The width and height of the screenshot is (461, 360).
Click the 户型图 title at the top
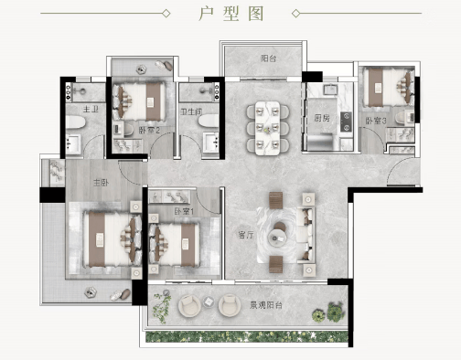coord(230,14)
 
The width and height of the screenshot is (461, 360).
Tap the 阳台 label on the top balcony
coord(269,58)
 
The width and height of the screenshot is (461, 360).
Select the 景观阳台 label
coord(266,305)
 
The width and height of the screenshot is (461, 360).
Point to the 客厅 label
coord(246,235)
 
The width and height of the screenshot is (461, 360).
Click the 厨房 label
coord(322,118)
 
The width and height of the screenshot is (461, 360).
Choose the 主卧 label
coord(101,183)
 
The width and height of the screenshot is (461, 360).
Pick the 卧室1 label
coord(184,211)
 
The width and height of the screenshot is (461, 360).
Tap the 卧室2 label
coord(149,131)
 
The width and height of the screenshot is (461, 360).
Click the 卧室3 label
coord(376,121)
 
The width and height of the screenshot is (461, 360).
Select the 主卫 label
coord(91,109)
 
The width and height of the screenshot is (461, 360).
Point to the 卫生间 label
coord(191,111)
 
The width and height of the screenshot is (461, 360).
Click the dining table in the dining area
coord(267,128)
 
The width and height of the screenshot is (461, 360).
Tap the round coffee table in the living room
coord(277,238)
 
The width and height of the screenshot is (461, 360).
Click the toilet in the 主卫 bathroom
coord(75,122)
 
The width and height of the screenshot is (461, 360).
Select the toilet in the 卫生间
coord(209,121)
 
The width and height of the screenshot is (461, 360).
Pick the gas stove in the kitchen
coord(346,122)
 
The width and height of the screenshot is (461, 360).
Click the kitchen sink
coord(330,89)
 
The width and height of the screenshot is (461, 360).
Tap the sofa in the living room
coord(306,234)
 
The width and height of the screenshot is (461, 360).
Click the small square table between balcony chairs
coord(209,302)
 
